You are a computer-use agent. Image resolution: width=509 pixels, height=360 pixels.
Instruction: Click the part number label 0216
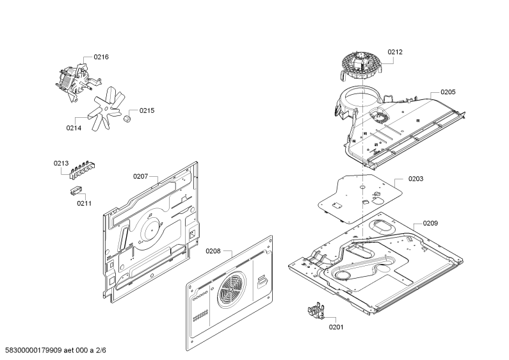point(101,57)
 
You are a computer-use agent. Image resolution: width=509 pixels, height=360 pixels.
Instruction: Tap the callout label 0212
point(395,52)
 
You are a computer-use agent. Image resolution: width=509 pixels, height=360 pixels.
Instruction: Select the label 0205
point(448,92)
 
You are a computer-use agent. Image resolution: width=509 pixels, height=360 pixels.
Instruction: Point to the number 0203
point(416,179)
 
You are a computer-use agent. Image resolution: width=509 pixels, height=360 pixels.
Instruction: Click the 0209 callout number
point(430,223)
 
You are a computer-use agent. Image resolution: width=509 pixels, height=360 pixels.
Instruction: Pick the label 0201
point(336,327)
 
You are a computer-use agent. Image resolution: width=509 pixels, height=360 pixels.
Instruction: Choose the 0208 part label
point(213,251)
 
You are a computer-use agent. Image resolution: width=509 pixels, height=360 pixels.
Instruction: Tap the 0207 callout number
point(141,176)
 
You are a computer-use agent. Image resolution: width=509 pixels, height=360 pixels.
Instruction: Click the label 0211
point(84,204)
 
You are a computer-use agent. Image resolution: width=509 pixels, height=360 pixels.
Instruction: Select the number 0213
point(61,163)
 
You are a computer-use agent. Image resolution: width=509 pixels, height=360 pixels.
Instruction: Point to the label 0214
point(74,128)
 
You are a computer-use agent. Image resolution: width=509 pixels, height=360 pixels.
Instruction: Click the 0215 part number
point(147,111)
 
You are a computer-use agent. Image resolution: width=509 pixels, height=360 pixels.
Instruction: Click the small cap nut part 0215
point(127,119)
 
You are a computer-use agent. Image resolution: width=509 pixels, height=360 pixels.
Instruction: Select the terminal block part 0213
point(82,170)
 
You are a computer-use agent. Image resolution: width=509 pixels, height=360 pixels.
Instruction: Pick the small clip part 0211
point(76,190)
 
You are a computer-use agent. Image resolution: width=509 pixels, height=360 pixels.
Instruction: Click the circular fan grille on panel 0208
point(232,289)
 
